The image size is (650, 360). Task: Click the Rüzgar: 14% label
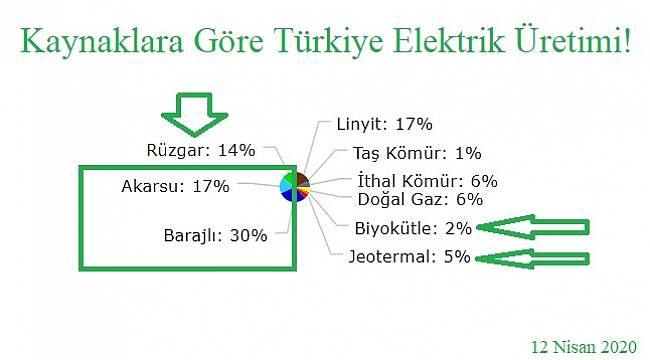200,151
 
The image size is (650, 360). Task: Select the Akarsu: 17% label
175,186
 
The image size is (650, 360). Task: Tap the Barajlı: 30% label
215,236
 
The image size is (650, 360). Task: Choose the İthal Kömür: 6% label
427,182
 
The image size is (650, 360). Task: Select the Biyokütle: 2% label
413,227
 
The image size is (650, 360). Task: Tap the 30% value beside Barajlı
249,236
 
